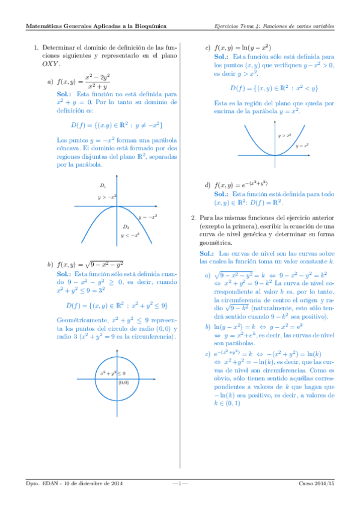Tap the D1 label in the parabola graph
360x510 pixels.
(x=103, y=186)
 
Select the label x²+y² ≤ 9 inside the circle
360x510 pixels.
(x=112, y=374)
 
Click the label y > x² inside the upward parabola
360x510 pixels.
(x=284, y=136)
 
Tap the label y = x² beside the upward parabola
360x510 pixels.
(x=302, y=146)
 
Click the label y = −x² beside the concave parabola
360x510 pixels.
(x=147, y=217)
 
